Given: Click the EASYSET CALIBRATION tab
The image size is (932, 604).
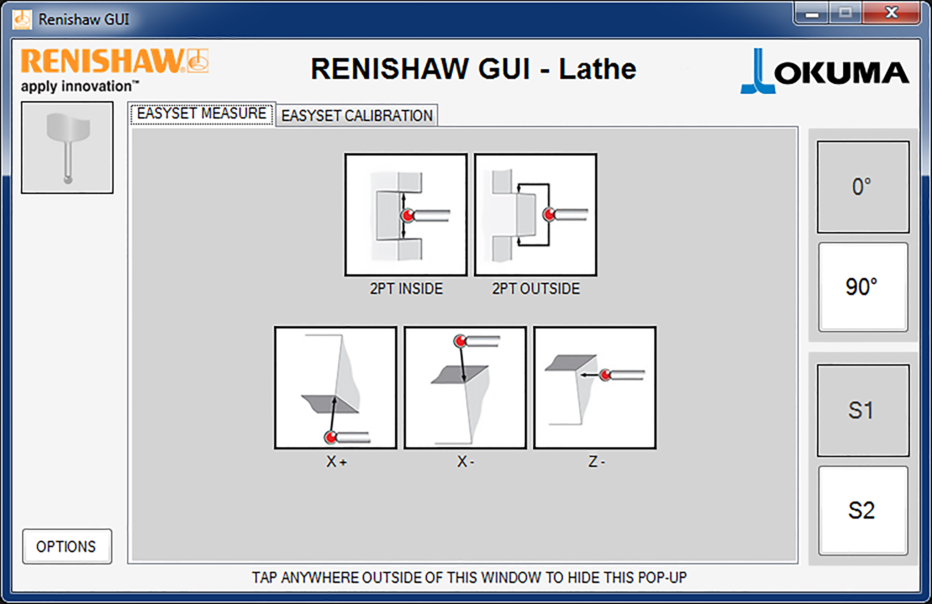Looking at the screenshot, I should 356,115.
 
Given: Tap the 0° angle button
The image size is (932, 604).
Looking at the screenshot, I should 863,187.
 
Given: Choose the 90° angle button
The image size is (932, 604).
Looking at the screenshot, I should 863,287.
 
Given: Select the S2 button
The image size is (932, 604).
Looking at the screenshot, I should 863,510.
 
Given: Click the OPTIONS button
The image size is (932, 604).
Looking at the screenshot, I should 67,547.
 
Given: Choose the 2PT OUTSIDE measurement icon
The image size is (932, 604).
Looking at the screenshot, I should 535,215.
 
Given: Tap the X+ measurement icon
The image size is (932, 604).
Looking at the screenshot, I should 336,387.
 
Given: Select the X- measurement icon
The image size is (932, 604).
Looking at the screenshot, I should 465,387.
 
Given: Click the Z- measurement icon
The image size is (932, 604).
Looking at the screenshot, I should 595,387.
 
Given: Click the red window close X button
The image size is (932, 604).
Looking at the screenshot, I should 891,13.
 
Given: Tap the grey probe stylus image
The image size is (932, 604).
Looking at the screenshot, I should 67,147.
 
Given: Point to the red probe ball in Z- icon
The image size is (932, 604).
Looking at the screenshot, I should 606,375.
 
